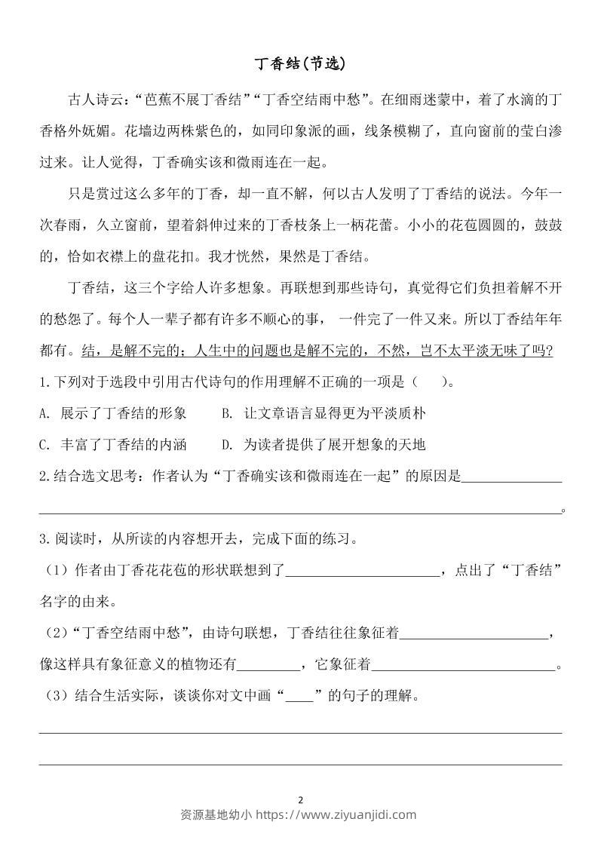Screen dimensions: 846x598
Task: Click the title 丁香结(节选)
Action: [299, 64]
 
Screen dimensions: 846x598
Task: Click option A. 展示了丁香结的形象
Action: [112, 413]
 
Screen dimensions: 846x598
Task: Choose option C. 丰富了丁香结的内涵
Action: [112, 444]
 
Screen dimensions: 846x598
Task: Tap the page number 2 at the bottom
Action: [300, 800]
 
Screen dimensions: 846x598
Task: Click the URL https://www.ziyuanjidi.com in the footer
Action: [337, 814]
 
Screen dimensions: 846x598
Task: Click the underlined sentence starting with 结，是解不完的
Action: [317, 351]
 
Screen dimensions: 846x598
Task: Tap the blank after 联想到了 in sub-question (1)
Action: [363, 571]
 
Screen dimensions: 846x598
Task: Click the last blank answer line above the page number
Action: [299, 763]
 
